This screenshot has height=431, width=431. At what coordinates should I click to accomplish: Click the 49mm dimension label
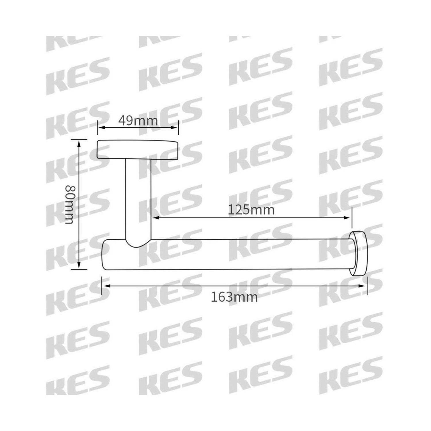[x=138, y=121]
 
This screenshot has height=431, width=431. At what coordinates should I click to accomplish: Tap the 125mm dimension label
[x=251, y=210]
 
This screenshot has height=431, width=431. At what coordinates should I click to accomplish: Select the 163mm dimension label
[x=234, y=297]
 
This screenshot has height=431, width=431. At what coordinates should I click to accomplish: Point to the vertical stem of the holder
[x=138, y=198]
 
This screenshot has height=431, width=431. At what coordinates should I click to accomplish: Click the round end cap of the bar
[x=359, y=253]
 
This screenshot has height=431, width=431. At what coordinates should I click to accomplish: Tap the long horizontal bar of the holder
[x=230, y=254]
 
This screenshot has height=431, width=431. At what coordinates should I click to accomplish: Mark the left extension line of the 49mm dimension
[x=97, y=128]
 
